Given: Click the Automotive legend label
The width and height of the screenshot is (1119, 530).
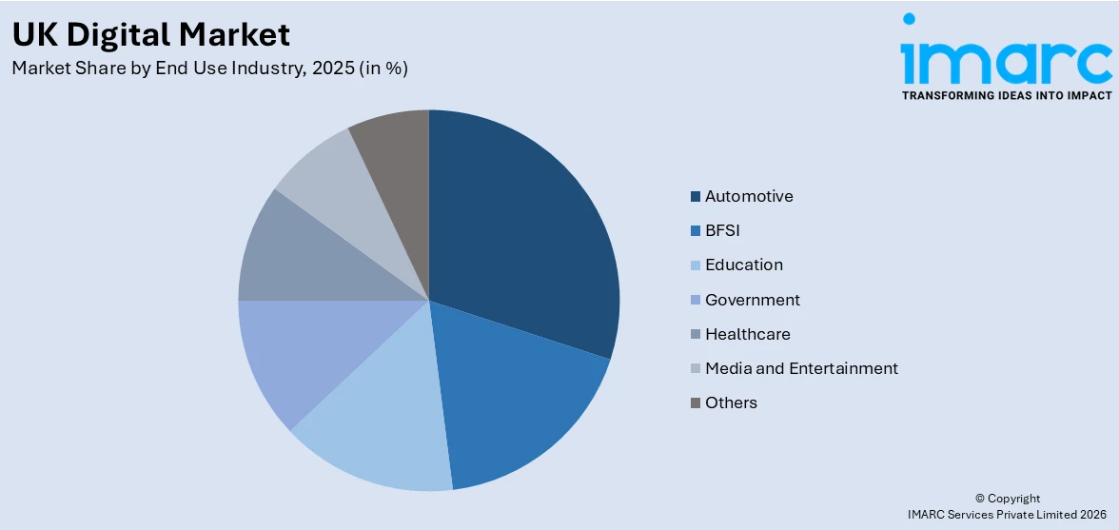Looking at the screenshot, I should tap(749, 196).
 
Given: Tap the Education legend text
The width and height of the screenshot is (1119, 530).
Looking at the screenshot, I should tap(744, 265).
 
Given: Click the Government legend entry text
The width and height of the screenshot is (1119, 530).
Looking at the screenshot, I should tap(753, 300).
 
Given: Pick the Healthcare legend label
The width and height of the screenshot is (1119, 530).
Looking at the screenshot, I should tap(748, 334).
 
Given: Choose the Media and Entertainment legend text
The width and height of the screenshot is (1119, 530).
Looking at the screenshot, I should tap(801, 368).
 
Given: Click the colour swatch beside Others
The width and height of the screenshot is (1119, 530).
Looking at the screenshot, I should tap(696, 403).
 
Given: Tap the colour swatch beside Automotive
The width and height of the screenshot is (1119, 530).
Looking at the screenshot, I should tap(696, 197).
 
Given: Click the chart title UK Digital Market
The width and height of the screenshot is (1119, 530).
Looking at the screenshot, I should tap(150, 34).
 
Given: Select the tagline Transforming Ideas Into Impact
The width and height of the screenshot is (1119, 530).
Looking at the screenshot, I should tap(1006, 95).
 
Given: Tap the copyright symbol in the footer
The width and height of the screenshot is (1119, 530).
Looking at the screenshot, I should tap(979, 499).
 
